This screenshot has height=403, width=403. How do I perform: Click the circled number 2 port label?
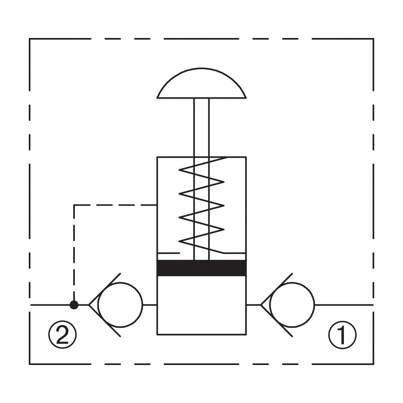click(63, 335)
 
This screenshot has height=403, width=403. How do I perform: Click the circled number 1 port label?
click(342, 335)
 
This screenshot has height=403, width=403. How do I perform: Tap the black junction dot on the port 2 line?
click(74, 305)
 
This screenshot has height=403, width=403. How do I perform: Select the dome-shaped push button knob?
click(201, 83)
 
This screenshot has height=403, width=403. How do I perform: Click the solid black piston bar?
click(201, 268)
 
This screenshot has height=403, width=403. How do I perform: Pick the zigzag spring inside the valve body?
click(201, 205)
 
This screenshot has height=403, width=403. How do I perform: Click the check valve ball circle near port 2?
click(120, 305)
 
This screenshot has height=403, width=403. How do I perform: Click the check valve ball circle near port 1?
click(292, 305)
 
